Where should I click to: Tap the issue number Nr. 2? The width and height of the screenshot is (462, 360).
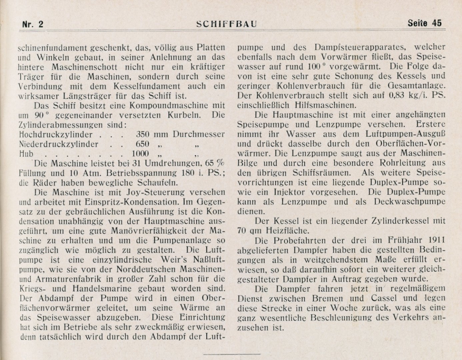[x=33, y=24]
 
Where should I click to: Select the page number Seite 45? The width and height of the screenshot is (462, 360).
[x=424, y=23]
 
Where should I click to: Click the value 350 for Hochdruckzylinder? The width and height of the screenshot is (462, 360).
[x=143, y=135]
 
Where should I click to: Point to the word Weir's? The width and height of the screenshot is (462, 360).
[x=177, y=259]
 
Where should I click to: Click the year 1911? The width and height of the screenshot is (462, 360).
[x=436, y=240]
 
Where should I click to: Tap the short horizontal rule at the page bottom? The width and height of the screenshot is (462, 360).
[x=232, y=353]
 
